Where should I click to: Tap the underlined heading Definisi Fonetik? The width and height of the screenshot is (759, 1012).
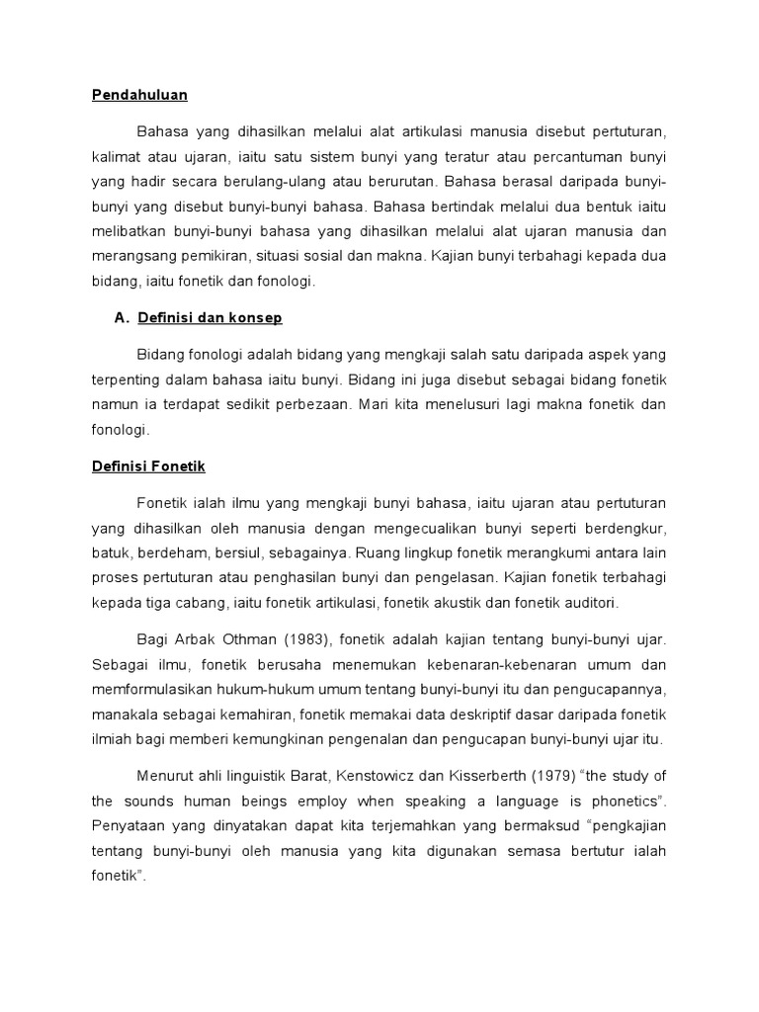click(141, 465)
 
